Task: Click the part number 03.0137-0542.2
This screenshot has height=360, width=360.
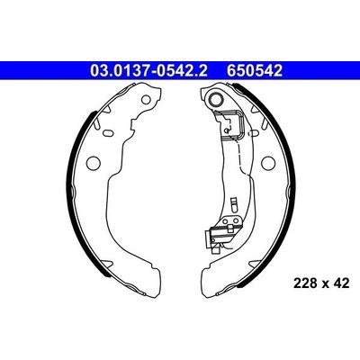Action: click(148, 71)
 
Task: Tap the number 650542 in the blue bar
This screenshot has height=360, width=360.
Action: click(255, 71)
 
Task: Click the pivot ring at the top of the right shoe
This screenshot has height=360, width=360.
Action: click(216, 98)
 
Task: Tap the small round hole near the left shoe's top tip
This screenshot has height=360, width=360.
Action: click(147, 99)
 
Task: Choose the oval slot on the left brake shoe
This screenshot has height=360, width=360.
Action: click(107, 132)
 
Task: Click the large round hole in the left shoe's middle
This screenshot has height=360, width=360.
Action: click(94, 163)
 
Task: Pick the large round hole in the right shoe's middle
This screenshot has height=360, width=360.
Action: click(268, 163)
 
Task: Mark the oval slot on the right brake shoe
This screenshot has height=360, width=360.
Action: click(254, 132)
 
